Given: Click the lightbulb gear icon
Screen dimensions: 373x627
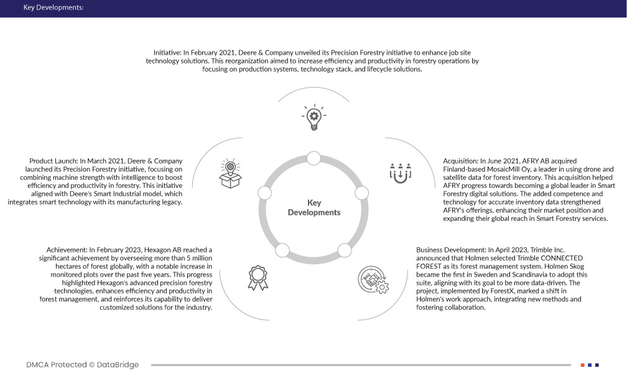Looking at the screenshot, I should click(x=313, y=117).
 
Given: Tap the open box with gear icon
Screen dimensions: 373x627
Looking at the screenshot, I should click(x=230, y=173).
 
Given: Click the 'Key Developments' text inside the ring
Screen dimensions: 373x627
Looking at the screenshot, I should click(x=313, y=208).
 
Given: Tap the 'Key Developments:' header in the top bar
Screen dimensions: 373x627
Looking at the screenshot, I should click(x=53, y=8).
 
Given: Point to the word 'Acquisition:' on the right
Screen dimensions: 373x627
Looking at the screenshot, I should click(x=460, y=161).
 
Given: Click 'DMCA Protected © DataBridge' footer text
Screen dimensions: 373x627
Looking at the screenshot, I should click(x=82, y=365).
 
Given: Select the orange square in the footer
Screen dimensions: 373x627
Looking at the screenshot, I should click(x=582, y=365).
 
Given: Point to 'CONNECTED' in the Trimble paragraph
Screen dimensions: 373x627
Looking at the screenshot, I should click(x=558, y=257).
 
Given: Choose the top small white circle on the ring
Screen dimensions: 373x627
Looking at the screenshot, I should click(x=313, y=163).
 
